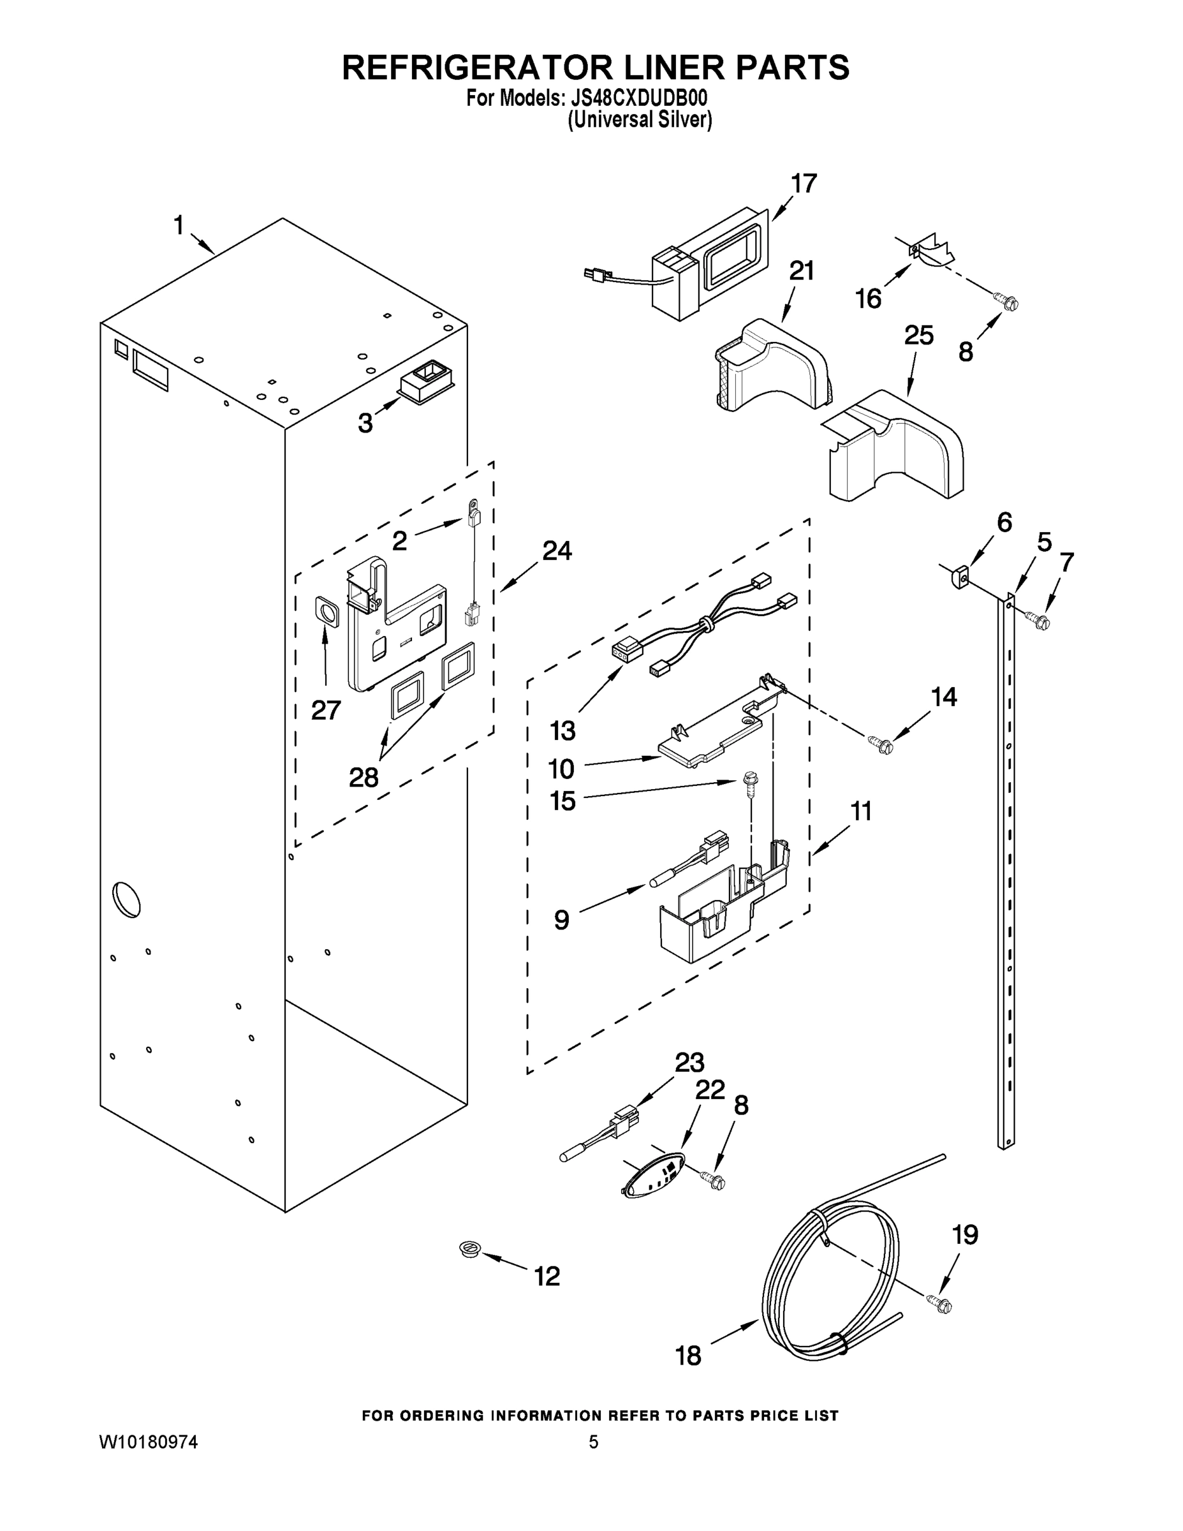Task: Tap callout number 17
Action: click(803, 184)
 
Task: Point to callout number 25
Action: click(918, 336)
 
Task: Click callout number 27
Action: click(326, 710)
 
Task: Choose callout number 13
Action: click(562, 730)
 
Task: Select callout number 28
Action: click(364, 777)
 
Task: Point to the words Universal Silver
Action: click(639, 121)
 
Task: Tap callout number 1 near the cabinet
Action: click(179, 226)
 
